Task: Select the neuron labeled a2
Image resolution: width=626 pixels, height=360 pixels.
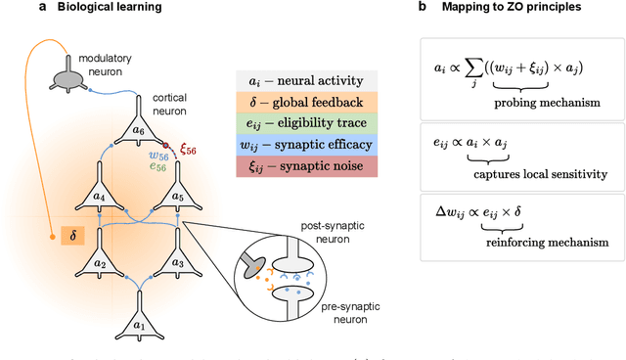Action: coord(98,262)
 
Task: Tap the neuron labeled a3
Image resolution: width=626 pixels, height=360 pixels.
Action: coord(176,262)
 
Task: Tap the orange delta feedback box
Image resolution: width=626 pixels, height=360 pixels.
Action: coord(67,237)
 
